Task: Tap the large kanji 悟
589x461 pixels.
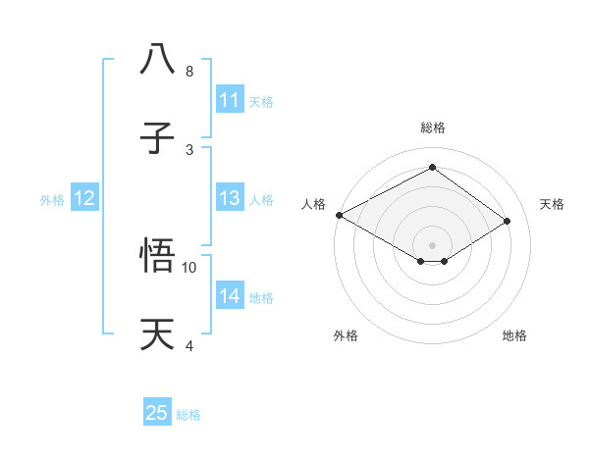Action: click(x=158, y=255)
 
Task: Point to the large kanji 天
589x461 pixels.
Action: click(x=158, y=334)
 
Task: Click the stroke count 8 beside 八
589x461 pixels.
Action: click(x=189, y=71)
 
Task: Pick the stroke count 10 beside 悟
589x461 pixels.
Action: click(x=189, y=267)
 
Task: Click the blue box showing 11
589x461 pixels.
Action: click(x=230, y=100)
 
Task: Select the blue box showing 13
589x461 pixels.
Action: click(x=230, y=198)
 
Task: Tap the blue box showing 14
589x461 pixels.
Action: click(x=230, y=296)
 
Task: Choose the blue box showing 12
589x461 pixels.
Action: click(x=84, y=198)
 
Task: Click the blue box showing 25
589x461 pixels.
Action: click(x=157, y=413)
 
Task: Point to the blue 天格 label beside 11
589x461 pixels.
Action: click(x=261, y=101)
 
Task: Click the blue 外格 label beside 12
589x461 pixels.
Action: click(x=52, y=199)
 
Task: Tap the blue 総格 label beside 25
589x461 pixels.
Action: click(x=188, y=414)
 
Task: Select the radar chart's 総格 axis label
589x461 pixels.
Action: click(x=432, y=128)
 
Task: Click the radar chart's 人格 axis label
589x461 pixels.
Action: click(x=313, y=204)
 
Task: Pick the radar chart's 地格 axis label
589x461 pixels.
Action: click(x=514, y=335)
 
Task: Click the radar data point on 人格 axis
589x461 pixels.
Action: click(x=339, y=215)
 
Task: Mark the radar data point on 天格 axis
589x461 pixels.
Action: click(x=508, y=221)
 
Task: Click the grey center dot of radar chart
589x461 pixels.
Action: click(x=432, y=244)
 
